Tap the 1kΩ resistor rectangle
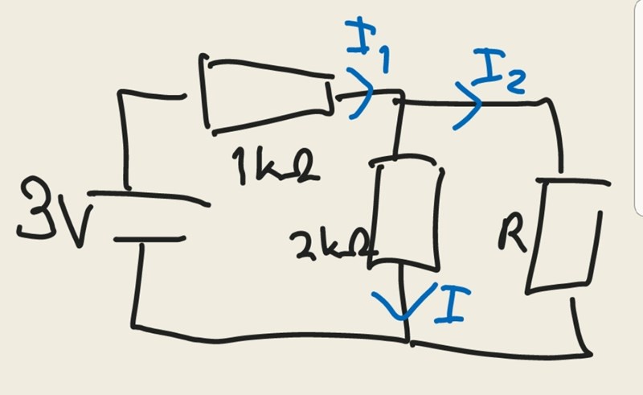269,93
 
